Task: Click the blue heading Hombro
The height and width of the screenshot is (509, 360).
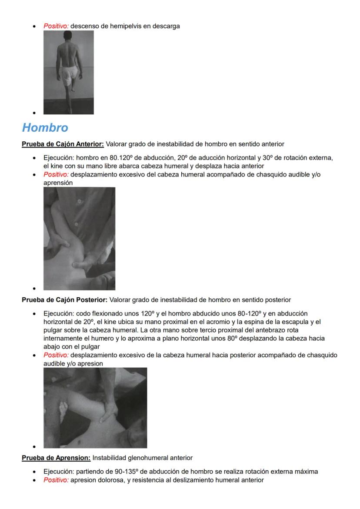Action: pos(45,128)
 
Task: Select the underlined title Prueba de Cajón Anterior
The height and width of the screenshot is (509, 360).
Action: pos(63,144)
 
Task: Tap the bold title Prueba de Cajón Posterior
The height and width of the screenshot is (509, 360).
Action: pos(64,300)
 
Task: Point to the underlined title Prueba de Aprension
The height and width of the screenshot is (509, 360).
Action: pos(56,458)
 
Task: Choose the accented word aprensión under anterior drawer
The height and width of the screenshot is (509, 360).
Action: pos(58,183)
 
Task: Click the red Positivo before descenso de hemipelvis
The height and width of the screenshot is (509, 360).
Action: pos(56,26)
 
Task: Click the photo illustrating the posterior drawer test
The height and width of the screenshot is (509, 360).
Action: pos(95,408)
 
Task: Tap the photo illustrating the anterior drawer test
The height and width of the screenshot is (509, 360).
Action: pos(79,239)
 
